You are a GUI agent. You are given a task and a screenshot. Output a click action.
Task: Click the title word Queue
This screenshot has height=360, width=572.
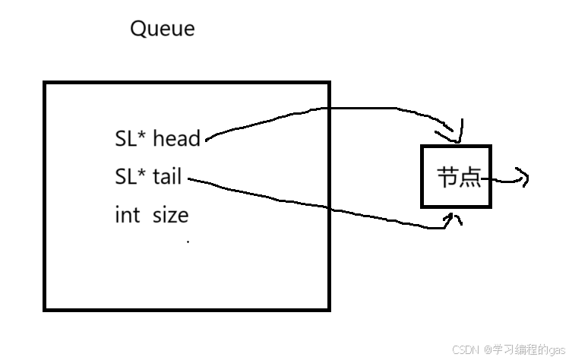[163, 29]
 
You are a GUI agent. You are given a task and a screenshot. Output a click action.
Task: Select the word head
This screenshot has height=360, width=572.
[177, 138]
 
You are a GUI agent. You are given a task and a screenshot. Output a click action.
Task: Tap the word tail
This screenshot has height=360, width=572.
[167, 176]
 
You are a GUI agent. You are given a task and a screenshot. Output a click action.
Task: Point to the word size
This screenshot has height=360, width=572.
[170, 215]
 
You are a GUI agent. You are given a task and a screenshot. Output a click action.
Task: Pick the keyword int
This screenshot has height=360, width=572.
[127, 215]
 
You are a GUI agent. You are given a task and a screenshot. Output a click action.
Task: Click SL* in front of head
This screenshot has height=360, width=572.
[130, 138]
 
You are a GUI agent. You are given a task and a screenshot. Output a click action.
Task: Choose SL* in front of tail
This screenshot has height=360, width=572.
[130, 176]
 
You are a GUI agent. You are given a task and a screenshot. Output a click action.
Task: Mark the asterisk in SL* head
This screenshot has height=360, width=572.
[143, 135]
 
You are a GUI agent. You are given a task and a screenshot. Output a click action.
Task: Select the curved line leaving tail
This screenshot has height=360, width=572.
[304, 205]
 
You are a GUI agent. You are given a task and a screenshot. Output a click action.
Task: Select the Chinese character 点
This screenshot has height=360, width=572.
[469, 178]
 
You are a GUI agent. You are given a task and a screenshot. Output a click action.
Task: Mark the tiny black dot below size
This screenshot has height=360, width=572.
[188, 242]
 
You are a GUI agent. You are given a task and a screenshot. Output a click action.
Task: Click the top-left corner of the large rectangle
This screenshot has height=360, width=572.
[45, 83]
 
